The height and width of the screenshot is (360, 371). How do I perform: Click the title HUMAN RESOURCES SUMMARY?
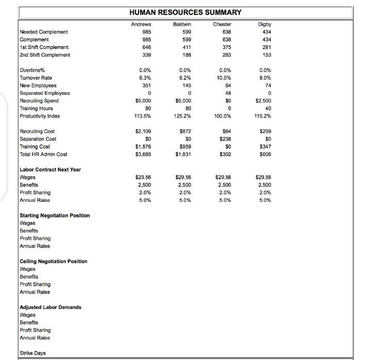[x=185, y=12]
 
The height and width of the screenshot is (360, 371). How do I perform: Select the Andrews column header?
[x=141, y=24]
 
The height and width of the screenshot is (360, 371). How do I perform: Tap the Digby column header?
[x=265, y=24]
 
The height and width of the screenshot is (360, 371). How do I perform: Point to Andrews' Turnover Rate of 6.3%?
[x=145, y=78]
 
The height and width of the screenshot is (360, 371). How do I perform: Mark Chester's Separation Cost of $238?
[x=225, y=139]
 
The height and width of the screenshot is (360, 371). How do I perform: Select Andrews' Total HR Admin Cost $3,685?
[x=142, y=154]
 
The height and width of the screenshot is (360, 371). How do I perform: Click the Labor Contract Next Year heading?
[x=50, y=169]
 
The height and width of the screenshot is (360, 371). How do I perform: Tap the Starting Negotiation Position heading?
[x=55, y=215]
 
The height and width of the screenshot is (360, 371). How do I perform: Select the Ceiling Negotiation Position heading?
[x=54, y=261]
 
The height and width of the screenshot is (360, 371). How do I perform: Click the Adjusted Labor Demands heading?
[x=50, y=307]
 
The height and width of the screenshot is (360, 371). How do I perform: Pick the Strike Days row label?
[x=32, y=353]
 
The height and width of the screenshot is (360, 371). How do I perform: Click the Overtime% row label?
[x=32, y=71]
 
